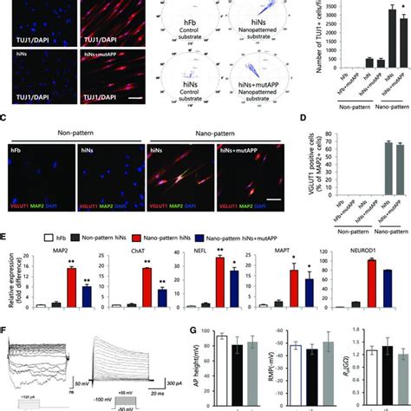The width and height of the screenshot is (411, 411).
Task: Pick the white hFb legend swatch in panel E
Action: pos(34,236)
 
